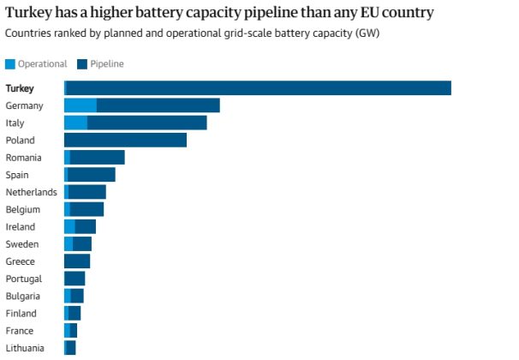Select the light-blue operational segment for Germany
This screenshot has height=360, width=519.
click(x=81, y=105)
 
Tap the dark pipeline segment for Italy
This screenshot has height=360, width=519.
click(x=146, y=123)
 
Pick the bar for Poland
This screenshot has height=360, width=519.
click(x=125, y=140)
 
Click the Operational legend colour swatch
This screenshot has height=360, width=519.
click(x=10, y=64)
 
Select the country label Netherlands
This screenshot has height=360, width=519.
click(x=31, y=192)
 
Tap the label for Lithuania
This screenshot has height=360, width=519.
click(x=25, y=347)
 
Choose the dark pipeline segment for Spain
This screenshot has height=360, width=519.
click(x=92, y=175)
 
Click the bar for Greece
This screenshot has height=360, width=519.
click(x=77, y=261)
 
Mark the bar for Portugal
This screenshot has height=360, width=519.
click(x=75, y=279)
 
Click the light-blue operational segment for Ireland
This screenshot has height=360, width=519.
click(x=69, y=226)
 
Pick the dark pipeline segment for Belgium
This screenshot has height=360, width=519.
click(x=86, y=209)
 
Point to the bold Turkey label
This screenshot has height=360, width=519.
click(x=20, y=88)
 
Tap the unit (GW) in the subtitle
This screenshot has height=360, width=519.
click(x=369, y=33)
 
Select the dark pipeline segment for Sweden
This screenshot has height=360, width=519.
click(x=82, y=243)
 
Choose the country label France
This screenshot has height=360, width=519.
click(x=20, y=330)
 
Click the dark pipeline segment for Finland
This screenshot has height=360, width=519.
click(x=75, y=313)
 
